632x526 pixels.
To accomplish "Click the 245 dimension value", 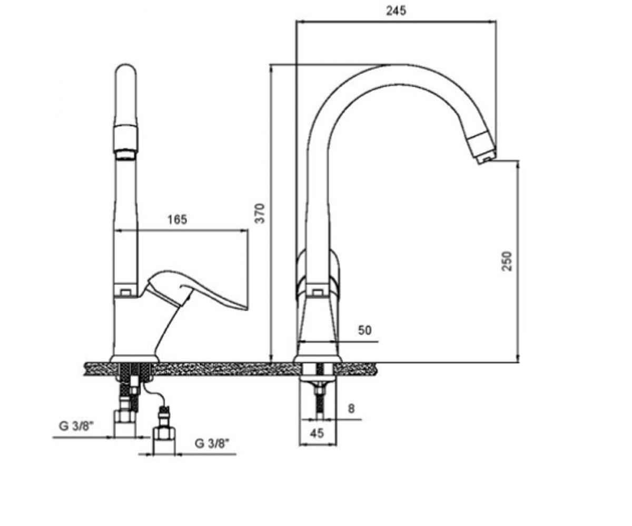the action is coord(396,11).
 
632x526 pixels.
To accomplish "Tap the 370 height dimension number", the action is coord(260,214).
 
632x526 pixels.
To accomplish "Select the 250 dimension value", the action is coord(507,261).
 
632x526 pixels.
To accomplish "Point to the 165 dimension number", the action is coord(177,219).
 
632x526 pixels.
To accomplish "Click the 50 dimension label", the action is coord(364,330).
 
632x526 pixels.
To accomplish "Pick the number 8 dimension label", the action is coord(351,409).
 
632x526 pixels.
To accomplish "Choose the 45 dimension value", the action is coord(317,433).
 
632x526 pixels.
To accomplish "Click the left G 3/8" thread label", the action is coord(76,426).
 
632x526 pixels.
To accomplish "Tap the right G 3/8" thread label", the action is coord(212,443).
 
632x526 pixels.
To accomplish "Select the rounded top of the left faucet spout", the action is coord(126,73).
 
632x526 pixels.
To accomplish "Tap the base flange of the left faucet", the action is coord(134,359).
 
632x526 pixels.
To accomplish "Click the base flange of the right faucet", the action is coord(318,359).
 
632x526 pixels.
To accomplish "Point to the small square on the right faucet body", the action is coord(318,292).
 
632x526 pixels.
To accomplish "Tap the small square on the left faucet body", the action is coord(125,292).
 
